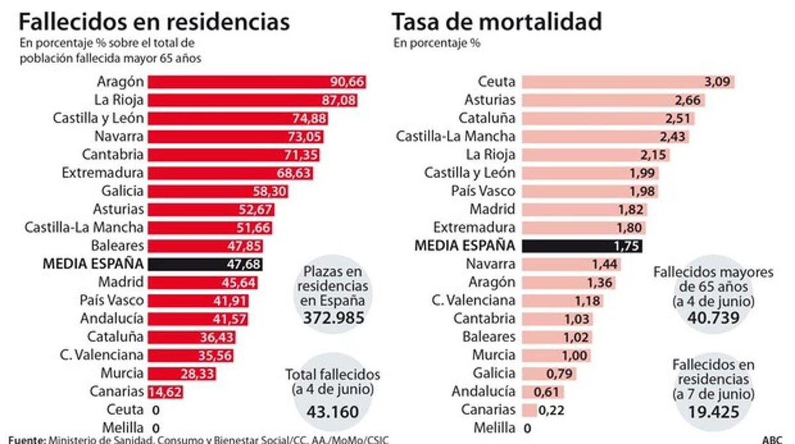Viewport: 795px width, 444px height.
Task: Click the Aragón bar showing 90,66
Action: pos(257,82)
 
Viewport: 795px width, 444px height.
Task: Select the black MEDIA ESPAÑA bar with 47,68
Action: pos(205,264)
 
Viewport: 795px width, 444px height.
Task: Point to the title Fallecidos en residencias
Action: pos(154,22)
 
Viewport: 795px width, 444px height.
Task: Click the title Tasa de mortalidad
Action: pos(497,22)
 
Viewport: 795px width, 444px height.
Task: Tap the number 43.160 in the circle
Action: pos(333,412)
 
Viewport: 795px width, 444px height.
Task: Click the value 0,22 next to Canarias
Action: pos(551,410)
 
